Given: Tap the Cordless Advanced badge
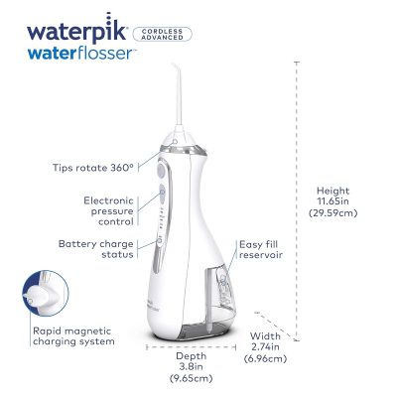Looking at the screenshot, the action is click(x=162, y=35).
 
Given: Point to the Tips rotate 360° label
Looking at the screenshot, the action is click(x=93, y=168).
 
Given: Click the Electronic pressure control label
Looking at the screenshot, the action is click(x=109, y=210).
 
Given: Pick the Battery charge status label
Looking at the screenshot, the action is click(x=96, y=249).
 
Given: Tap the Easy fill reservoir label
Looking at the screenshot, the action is click(x=261, y=249).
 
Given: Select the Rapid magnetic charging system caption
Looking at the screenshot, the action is click(x=73, y=336).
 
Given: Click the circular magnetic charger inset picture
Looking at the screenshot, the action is click(x=46, y=293).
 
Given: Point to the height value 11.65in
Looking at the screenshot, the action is click(x=333, y=201).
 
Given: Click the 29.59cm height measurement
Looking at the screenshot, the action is click(x=333, y=212).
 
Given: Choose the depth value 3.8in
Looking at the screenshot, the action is click(x=192, y=366).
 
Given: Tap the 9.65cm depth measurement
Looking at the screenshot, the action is click(x=191, y=378).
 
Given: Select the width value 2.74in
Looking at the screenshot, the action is click(x=265, y=347).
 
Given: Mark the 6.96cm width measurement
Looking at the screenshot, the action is click(x=265, y=358).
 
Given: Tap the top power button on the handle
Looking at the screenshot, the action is click(x=161, y=170).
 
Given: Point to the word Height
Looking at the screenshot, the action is click(x=333, y=191).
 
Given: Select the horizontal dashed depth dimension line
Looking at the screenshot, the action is click(x=191, y=347).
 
